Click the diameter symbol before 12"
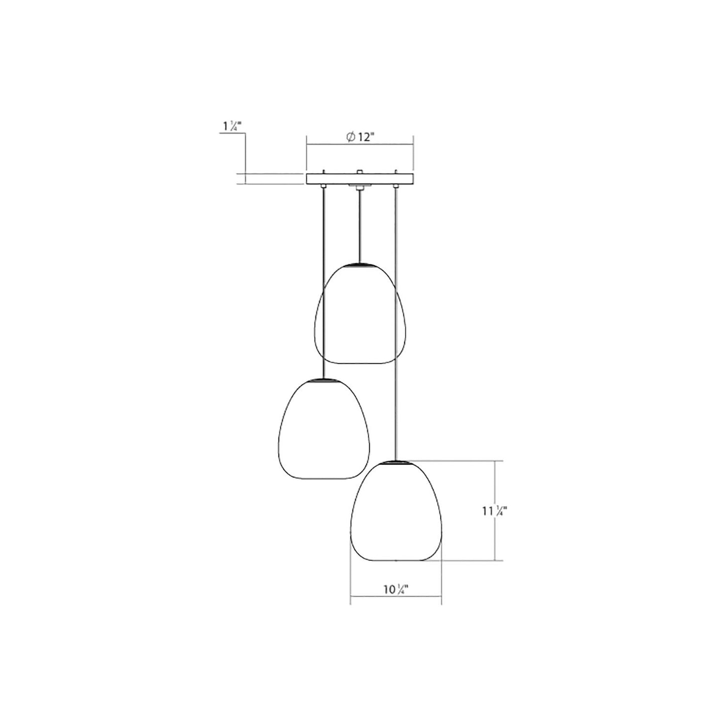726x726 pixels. [351, 137]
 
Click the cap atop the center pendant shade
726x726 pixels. [359, 263]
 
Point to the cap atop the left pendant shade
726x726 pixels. [324, 380]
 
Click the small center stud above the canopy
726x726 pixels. [359, 172]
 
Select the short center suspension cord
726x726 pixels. [359, 226]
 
